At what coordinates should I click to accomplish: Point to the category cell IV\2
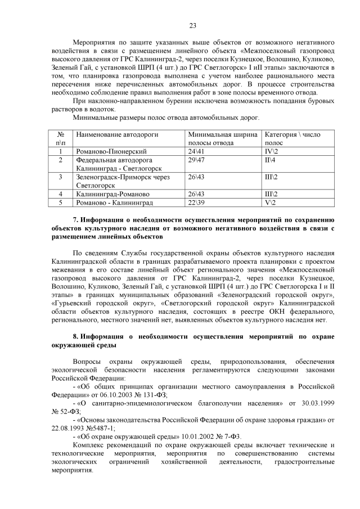tap(271, 152)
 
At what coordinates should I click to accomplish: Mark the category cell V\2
tap(270, 202)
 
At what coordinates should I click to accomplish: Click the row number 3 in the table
tap(60, 177)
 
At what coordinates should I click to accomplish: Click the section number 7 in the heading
tap(75, 219)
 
